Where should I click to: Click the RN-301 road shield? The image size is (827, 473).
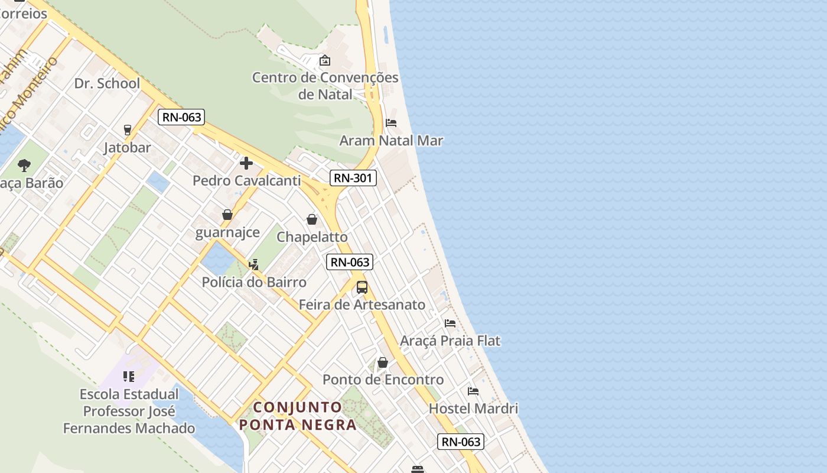353,177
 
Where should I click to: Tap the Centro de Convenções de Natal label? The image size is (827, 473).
325,86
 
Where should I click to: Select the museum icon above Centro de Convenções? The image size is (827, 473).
324,60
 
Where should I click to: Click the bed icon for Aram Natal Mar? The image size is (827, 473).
390,123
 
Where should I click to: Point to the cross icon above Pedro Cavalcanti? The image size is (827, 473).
246,163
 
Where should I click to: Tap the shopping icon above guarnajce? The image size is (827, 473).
227,215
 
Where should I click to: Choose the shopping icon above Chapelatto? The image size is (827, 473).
312,219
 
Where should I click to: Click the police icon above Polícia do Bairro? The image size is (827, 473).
253,264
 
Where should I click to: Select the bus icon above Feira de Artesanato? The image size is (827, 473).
362,287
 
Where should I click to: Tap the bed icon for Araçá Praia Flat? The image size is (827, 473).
450,323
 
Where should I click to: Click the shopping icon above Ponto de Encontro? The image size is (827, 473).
382,362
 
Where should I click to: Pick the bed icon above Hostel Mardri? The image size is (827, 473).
473,391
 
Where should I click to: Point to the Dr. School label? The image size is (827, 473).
107,83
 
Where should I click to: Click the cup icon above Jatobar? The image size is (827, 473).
127,129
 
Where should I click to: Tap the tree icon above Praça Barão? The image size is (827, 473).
24,165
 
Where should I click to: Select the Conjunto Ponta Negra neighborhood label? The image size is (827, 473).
298,416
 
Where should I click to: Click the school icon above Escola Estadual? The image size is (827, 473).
129,376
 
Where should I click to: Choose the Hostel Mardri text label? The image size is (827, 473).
473,409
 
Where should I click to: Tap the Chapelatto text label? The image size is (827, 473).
312,237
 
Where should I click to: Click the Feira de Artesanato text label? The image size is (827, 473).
362,305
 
